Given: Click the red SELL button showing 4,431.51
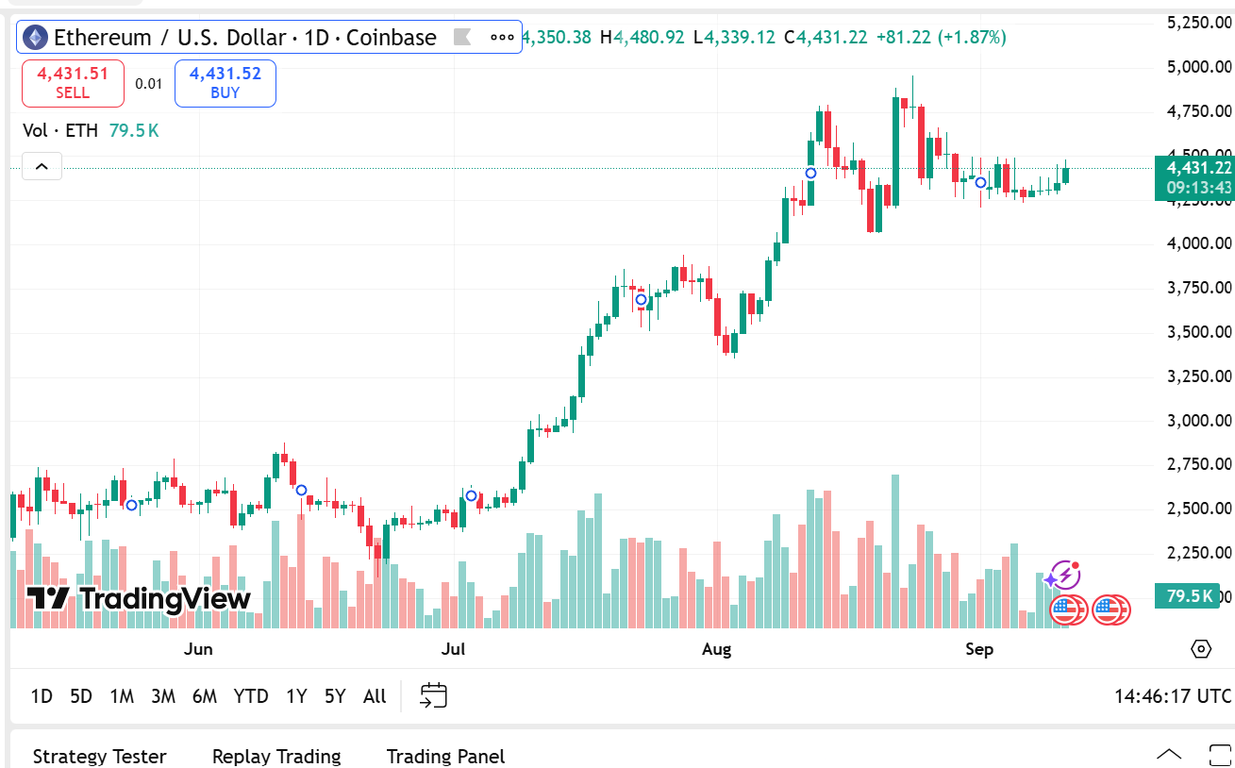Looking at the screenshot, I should [73, 83].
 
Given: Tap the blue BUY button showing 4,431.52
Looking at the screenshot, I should [225, 83].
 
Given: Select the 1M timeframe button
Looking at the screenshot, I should [122, 696].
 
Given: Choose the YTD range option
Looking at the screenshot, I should [251, 696].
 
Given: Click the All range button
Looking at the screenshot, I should [375, 696].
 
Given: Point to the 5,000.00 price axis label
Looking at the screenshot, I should [1198, 67].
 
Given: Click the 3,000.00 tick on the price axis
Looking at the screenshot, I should [1198, 420].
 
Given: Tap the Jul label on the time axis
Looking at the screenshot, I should [454, 649].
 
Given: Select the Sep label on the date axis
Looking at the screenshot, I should [979, 649].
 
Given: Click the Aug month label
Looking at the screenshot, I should [717, 649].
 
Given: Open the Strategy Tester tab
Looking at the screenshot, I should [99, 757].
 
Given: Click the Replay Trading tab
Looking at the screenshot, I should [276, 757].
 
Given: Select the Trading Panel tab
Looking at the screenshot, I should [445, 757].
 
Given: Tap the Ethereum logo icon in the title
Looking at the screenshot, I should [35, 38].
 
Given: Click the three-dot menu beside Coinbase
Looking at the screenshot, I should [503, 38].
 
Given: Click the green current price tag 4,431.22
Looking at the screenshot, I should [1194, 169].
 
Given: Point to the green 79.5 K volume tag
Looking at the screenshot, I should [1189, 595].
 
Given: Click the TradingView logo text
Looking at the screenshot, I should [140, 598].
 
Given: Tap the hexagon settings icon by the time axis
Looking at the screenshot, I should [1201, 649].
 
